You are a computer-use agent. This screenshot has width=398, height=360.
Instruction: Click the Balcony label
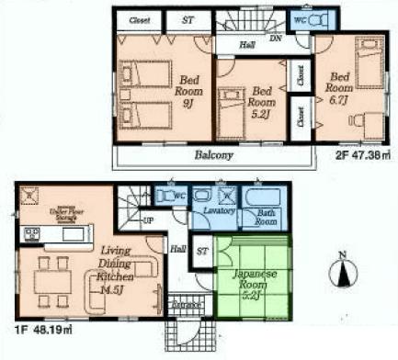[212, 155]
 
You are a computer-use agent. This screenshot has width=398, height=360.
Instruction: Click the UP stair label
[147, 220]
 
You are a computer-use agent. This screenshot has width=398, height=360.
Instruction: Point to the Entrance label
[187, 304]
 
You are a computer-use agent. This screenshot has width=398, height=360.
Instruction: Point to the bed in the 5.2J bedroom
[231, 105]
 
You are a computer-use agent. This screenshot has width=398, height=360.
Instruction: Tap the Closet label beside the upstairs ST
[141, 18]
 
